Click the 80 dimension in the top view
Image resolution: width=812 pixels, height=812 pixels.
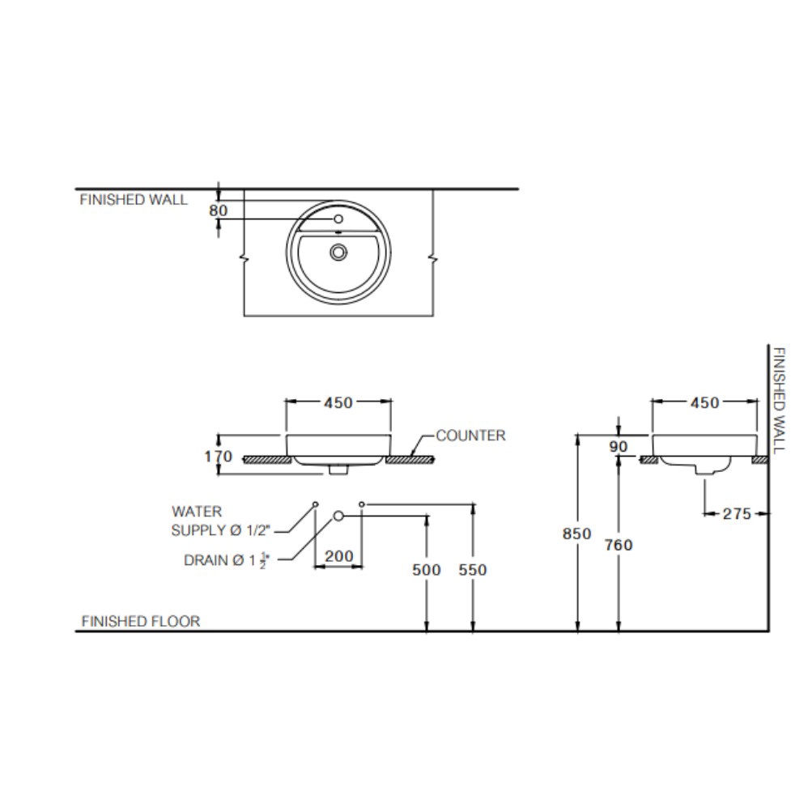(218, 210)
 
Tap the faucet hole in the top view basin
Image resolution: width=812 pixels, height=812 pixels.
(338, 219)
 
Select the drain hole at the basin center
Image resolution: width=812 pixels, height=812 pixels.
(338, 253)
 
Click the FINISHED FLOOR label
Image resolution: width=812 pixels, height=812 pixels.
(140, 621)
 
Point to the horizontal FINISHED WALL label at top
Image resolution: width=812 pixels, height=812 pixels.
(133, 200)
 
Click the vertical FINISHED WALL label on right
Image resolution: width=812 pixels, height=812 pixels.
(778, 401)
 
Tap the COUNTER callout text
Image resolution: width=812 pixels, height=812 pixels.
(470, 436)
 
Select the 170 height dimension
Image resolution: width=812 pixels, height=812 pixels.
(218, 457)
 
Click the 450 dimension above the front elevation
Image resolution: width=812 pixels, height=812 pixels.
(338, 403)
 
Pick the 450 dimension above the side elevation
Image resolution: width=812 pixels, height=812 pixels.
(704, 403)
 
